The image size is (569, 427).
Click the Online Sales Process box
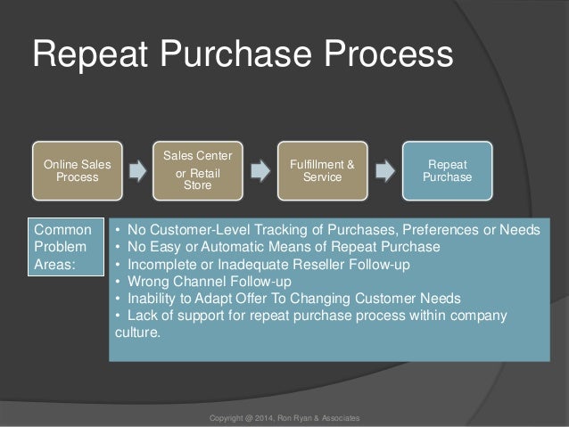[x=78, y=169]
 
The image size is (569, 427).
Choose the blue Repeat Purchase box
[x=441, y=170]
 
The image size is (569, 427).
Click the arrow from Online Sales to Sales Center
[x=138, y=169]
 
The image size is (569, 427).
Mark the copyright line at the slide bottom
[x=284, y=417]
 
